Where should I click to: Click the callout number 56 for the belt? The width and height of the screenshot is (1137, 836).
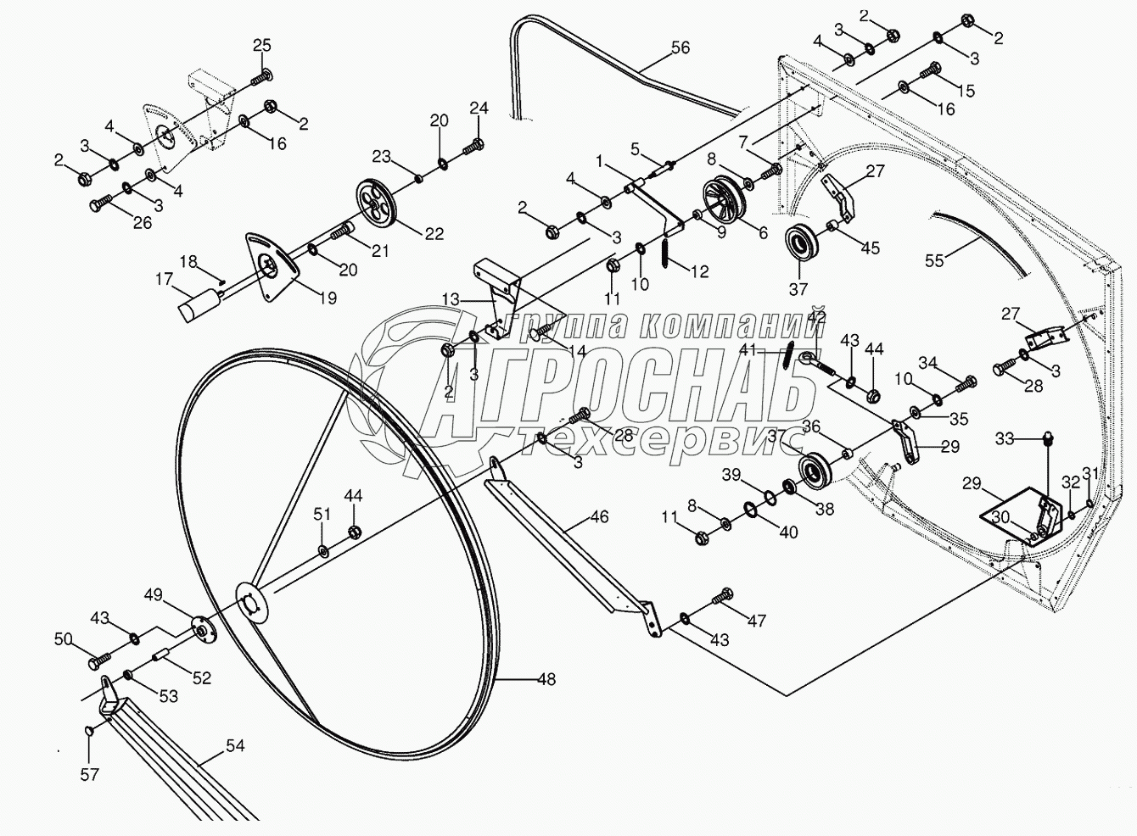coord(680,48)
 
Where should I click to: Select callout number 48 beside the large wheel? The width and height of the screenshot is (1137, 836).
coord(546,678)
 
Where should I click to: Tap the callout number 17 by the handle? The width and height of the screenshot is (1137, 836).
coord(164,277)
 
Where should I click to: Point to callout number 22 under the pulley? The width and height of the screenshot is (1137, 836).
coord(434,234)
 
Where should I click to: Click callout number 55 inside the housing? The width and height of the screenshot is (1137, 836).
coord(934,261)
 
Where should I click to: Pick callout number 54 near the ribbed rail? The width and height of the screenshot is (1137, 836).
coord(234,746)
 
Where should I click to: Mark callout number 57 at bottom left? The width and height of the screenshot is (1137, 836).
coord(90,774)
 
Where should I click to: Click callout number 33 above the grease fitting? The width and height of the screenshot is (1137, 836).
coord(1005,439)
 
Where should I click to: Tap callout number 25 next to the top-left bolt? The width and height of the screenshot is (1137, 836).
coord(262,46)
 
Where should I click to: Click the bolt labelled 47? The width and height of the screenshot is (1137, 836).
coord(725,597)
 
